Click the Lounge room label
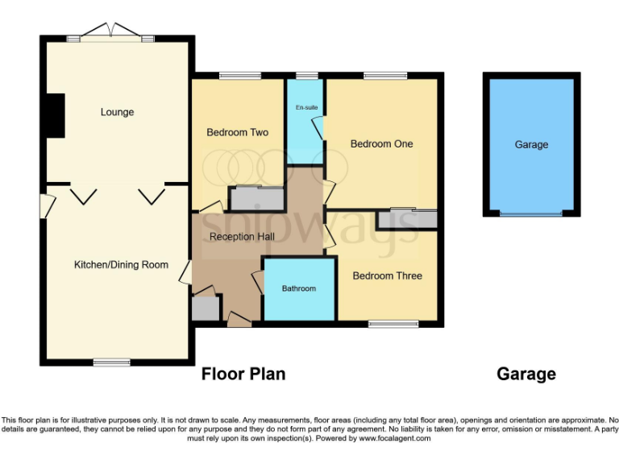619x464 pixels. [117, 112]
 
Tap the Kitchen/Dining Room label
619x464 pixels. [121, 264]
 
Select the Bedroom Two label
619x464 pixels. [237, 132]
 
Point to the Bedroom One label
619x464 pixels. [381, 143]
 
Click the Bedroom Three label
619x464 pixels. [387, 275]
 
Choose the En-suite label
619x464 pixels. [306, 106]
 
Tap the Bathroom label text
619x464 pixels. [298, 288]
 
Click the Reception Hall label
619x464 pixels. [242, 237]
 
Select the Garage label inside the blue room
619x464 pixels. [531, 144]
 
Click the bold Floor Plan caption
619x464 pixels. [243, 374]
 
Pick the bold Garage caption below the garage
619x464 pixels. [526, 374]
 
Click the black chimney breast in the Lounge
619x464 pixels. [55, 116]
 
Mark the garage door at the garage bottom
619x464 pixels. [531, 213]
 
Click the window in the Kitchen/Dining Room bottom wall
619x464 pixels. [111, 362]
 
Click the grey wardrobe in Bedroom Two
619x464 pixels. [257, 198]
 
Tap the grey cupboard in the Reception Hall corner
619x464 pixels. [205, 309]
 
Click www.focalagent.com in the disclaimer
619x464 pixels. [395, 438]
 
